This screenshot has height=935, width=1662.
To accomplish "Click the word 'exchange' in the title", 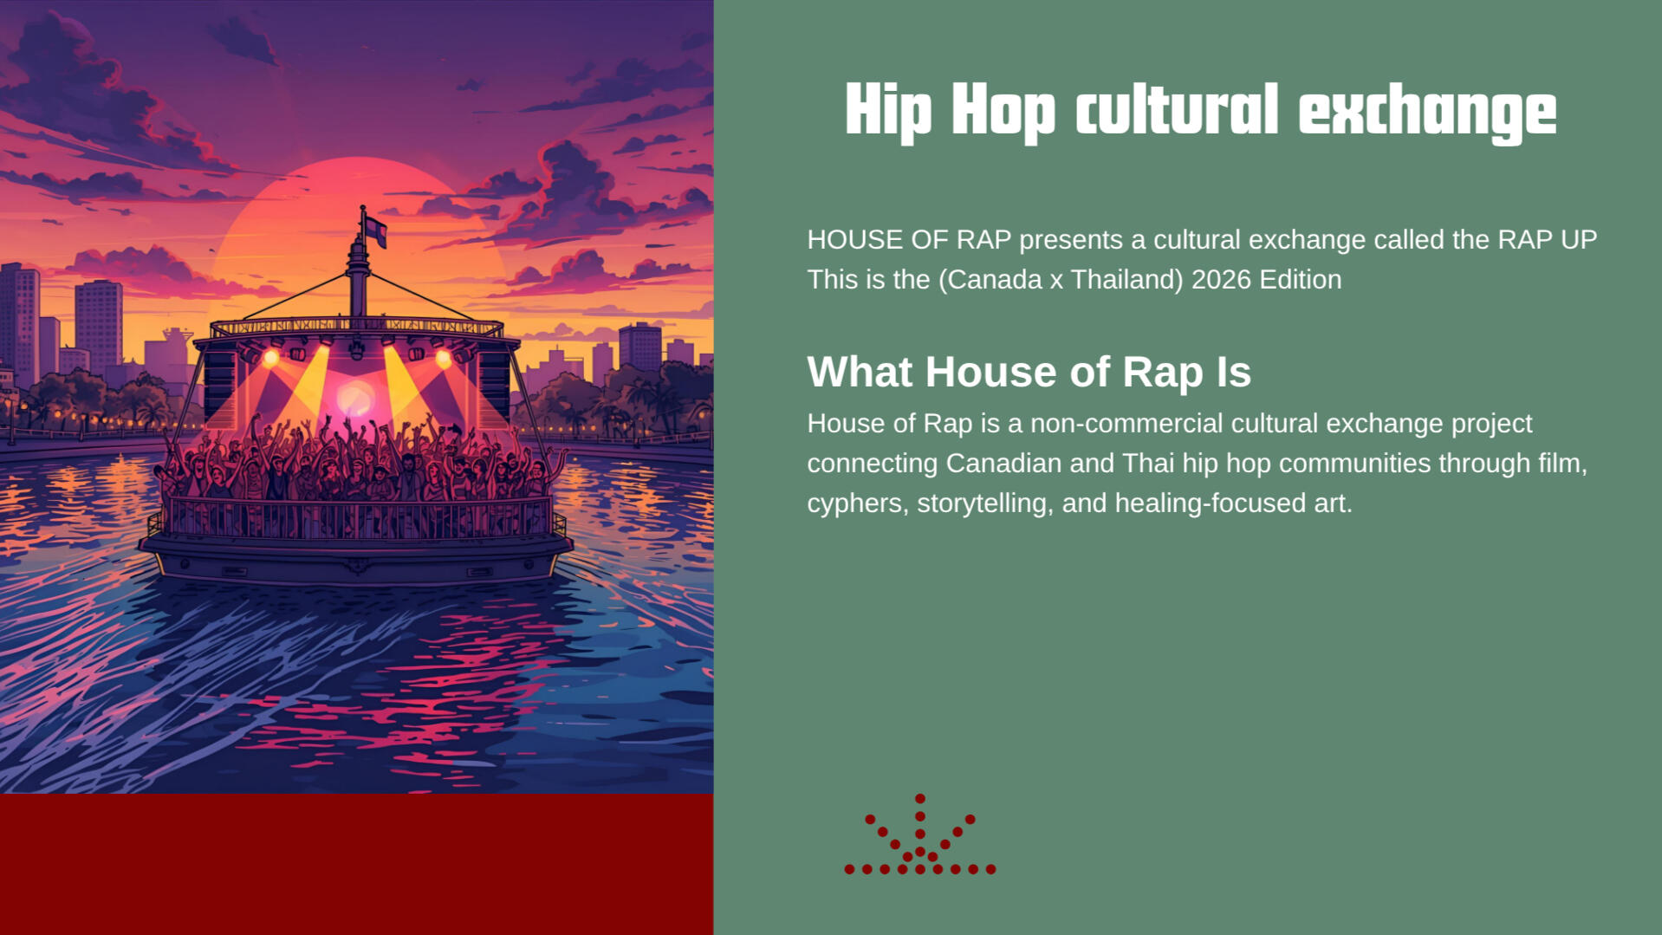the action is pyautogui.click(x=1427, y=111).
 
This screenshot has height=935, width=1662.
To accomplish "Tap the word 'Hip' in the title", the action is pyautogui.click(x=888, y=111).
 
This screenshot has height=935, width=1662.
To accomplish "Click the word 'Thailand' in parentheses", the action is pyautogui.click(x=1123, y=280).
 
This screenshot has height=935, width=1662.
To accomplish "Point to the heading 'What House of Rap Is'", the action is pyautogui.click(x=1029, y=372).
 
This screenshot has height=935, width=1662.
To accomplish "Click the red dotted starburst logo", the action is pyautogui.click(x=920, y=834).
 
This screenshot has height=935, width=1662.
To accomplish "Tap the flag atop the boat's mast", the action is pyautogui.click(x=375, y=231).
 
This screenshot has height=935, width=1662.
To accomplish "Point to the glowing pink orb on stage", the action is pyautogui.click(x=355, y=399).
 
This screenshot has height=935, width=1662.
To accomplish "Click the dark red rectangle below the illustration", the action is pyautogui.click(x=356, y=864).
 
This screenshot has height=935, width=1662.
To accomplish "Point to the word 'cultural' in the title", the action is pyautogui.click(x=1177, y=111).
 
